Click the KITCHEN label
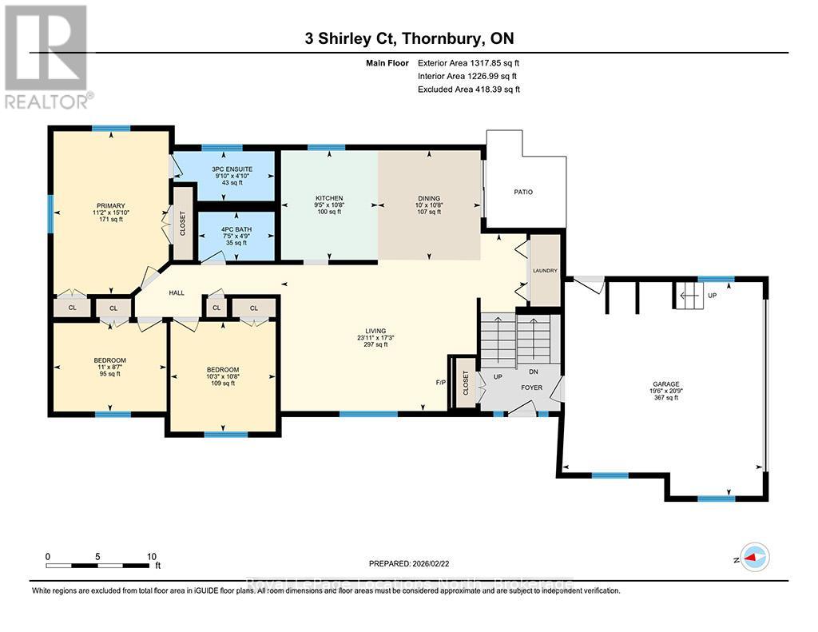point(329,198)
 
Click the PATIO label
point(523,192)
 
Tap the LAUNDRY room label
point(546,271)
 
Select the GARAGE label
point(665,384)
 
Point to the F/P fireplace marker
point(440,382)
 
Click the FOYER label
point(532,388)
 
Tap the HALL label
point(177,293)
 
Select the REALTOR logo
point(47,56)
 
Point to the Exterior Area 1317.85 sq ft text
point(469,63)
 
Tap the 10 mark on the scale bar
point(151,556)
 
